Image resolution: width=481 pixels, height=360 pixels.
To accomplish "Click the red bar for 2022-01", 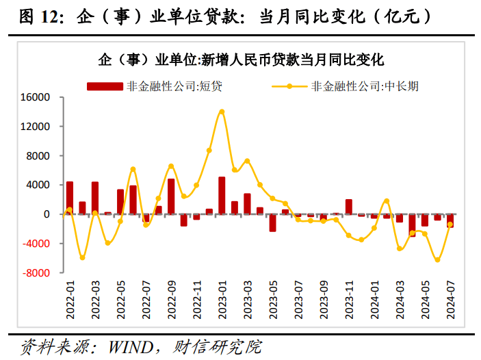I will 70,198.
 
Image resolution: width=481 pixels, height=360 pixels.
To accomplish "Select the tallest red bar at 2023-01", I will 222,196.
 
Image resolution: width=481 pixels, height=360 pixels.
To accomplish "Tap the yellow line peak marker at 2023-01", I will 222,112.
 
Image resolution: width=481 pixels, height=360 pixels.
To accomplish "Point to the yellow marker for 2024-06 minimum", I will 437,260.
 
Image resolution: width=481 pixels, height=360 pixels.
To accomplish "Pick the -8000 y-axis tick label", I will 36,273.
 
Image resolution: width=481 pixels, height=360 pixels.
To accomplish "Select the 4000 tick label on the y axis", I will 39,185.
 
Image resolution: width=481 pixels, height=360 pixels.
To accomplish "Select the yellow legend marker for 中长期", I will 289,87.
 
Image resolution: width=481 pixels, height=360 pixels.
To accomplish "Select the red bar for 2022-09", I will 171,196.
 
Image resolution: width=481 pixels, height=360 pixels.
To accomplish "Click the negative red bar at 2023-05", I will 272,222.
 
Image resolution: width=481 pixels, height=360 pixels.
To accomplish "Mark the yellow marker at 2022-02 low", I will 82,258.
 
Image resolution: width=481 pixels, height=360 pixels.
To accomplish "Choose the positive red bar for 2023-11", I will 348,207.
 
